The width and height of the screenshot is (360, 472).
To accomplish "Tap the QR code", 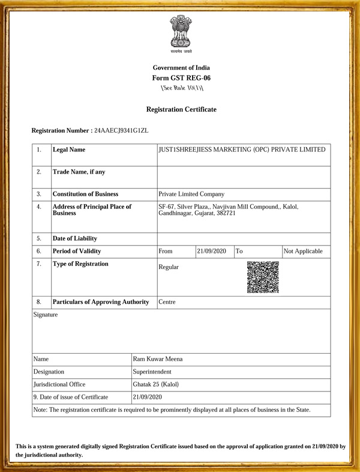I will coord(263,277).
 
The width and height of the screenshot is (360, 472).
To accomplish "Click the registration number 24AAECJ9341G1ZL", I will coord(121,130).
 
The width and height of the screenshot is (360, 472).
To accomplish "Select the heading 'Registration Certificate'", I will coord(181,109).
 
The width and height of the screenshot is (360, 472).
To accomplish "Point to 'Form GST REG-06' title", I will coord(181,78).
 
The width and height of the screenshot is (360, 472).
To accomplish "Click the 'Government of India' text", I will coord(181,68).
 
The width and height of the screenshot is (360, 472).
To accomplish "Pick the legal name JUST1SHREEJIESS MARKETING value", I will coord(242,150).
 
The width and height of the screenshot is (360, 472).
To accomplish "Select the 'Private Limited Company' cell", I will coord(191,194).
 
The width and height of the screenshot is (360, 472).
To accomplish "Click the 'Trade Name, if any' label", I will coord(79,172).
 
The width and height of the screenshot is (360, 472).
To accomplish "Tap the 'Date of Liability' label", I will coord(74,238).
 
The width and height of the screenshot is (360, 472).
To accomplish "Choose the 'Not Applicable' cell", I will coord(303,251).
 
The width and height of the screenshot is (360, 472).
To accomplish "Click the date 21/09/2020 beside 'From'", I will coord(212,251).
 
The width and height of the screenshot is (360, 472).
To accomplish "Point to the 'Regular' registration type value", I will coord(168,267).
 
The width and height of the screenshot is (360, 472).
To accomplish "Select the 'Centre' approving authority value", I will coord(167,301).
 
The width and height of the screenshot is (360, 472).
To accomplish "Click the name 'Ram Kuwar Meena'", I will coord(158,359).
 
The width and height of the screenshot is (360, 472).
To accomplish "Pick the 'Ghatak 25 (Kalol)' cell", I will coord(155,384).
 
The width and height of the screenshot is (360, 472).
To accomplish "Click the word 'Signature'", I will coord(46,315).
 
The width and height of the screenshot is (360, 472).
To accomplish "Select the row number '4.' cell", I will coord(39,207).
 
